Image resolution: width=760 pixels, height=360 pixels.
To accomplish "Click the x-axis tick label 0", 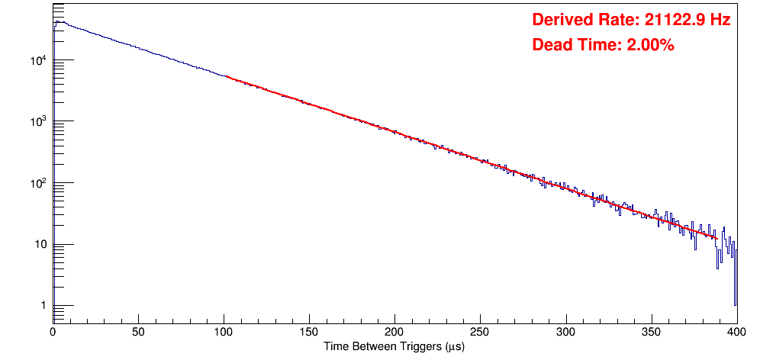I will (53, 333).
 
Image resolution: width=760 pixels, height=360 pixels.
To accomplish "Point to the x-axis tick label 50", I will (138, 333).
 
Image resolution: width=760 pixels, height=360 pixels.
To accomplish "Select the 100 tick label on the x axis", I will (224, 333).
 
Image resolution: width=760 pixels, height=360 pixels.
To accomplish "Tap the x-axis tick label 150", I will (309, 333).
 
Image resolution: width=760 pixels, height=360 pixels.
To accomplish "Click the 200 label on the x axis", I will (394, 333).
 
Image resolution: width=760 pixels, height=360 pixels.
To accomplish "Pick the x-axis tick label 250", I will (480, 333).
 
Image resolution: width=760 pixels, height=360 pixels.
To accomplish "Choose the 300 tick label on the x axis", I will (565, 333).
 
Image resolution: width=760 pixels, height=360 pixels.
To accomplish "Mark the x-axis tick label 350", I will (651, 333).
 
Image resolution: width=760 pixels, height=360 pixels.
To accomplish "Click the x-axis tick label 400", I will (736, 333).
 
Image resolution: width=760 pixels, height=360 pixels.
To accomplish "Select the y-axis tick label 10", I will (41, 245).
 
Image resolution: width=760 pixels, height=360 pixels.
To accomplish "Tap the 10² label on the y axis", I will (39, 182).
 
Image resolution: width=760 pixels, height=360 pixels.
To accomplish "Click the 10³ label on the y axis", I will (39, 121).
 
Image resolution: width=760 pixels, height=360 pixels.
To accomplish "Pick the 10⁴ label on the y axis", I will (39, 59).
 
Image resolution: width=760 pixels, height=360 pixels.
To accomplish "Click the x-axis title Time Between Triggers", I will (394, 347).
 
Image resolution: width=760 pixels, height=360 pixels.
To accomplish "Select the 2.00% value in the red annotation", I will (650, 46).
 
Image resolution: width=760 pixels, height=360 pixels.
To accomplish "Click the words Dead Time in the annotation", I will (572, 46).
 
